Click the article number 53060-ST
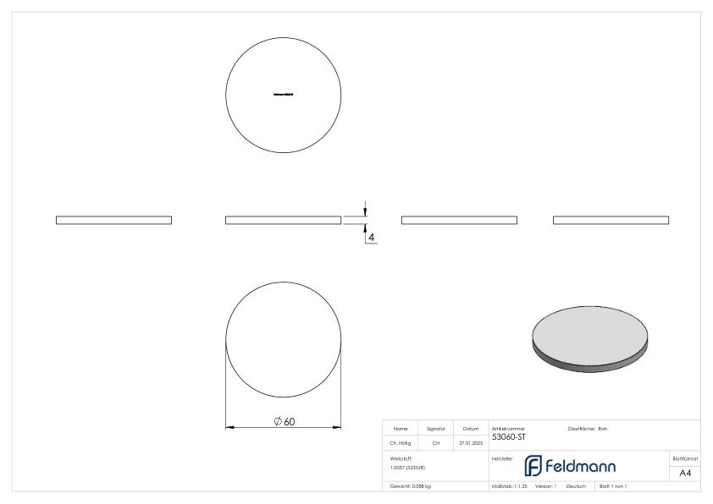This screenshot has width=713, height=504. (508, 436)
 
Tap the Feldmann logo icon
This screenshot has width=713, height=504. (534, 465)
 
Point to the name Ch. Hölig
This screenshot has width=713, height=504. (401, 442)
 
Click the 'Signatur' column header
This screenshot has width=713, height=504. (436, 429)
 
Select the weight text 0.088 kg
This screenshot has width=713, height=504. (411, 486)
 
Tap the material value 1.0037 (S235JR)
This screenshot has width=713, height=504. (407, 467)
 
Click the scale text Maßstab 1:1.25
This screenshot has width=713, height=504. (509, 486)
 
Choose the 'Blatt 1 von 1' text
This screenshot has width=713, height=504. (612, 486)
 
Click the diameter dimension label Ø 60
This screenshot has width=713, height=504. (285, 421)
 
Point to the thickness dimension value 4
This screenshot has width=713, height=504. (372, 238)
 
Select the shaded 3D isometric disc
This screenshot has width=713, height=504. (593, 337)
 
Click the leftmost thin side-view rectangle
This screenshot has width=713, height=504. (113, 220)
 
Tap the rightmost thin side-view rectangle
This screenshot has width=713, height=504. (611, 220)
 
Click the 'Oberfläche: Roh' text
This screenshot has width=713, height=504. (587, 429)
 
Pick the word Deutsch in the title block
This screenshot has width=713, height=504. (576, 486)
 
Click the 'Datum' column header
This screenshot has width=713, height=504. (472, 429)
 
